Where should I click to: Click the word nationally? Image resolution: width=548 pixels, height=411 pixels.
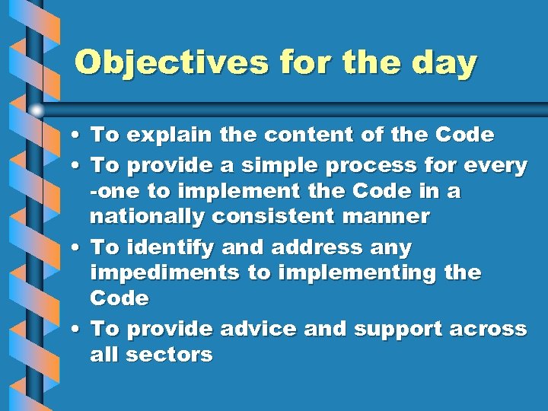[x=148, y=217]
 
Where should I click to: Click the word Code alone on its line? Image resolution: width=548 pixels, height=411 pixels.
[x=119, y=298]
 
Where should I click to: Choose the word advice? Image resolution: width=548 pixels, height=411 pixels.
[x=258, y=329]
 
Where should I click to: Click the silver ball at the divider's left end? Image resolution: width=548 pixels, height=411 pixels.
[x=37, y=110]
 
